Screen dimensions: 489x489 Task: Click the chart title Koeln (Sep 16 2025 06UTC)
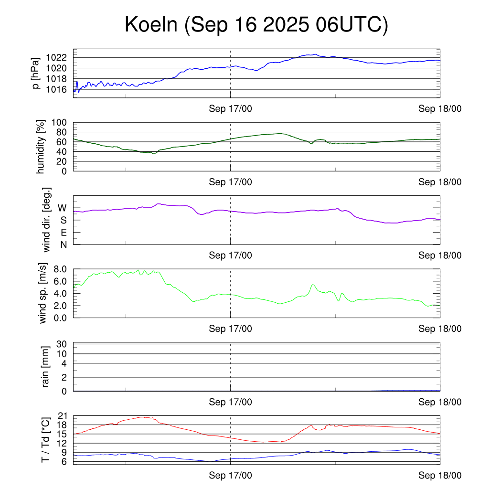click(x=256, y=25)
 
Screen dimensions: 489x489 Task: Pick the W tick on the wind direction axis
click(x=62, y=208)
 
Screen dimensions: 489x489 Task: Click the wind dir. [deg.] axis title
click(x=47, y=220)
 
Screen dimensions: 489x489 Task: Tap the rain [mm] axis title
click(x=46, y=367)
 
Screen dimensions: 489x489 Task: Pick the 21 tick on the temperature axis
click(x=63, y=416)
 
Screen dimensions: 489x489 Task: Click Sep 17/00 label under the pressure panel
click(x=231, y=109)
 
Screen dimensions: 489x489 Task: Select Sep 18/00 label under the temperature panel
click(x=440, y=476)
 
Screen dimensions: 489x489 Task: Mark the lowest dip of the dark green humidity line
click(x=152, y=153)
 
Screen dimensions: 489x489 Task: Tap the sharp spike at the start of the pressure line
click(x=76, y=82)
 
